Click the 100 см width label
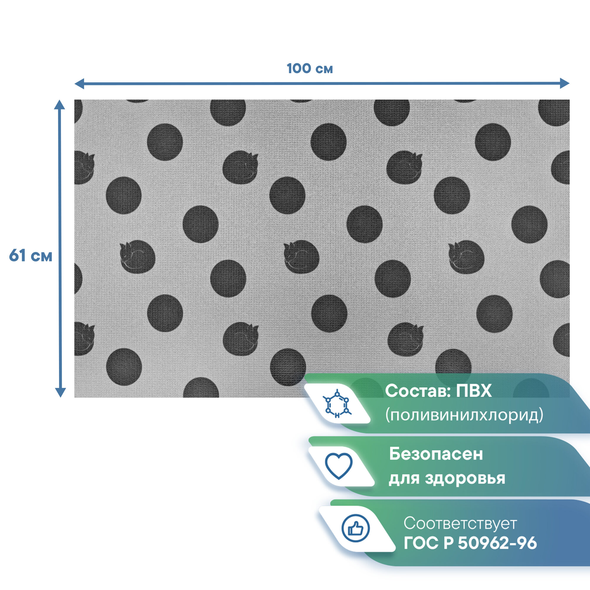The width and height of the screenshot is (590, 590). (x=309, y=69)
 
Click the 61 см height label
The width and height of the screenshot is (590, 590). (x=31, y=255)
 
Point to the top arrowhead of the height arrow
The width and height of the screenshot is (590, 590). (x=60, y=104)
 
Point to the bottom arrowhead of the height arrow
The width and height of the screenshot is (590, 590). (x=60, y=392)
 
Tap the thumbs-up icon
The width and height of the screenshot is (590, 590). (x=355, y=528)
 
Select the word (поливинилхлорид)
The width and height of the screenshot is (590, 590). (x=464, y=415)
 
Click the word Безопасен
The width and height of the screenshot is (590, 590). (x=436, y=454)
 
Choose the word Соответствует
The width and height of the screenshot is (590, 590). (x=460, y=523)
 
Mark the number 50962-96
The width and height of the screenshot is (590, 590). (x=497, y=543)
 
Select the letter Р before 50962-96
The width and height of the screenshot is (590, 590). (x=448, y=543)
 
